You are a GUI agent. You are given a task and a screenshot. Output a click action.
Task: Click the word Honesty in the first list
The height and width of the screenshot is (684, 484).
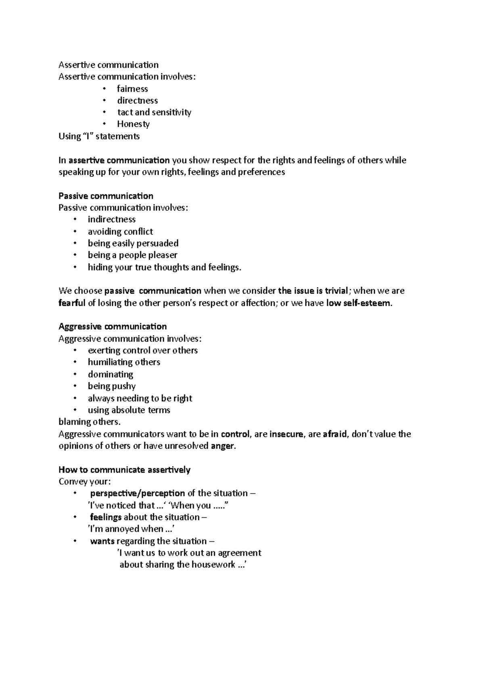click(133, 124)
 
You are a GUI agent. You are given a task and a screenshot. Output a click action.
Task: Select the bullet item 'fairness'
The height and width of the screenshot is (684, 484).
click(132, 89)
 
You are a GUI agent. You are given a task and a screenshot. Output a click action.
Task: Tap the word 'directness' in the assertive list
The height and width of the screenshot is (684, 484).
click(137, 100)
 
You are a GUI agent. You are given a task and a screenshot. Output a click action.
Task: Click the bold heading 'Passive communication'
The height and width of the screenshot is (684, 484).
click(106, 196)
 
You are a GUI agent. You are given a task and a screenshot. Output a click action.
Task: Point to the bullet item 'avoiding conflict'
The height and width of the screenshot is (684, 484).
click(120, 232)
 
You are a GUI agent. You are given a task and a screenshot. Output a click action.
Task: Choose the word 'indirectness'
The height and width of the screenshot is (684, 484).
click(112, 220)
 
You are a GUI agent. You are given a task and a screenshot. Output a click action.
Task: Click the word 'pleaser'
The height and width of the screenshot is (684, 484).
click(163, 255)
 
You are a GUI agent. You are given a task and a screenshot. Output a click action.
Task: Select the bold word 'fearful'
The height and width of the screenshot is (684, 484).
click(72, 303)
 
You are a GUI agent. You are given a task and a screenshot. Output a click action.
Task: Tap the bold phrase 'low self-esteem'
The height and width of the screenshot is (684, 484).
click(359, 303)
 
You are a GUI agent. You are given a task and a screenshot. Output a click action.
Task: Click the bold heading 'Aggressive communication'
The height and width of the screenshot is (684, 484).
click(113, 326)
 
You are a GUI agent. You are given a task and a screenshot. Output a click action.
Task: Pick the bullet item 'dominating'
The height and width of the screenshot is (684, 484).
click(111, 374)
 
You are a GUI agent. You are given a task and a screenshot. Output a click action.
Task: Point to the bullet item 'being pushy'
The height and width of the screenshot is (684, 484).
click(112, 386)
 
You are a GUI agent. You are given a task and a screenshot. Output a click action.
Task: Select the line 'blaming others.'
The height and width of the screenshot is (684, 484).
click(90, 422)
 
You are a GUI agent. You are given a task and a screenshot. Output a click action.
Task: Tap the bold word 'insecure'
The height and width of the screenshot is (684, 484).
click(286, 434)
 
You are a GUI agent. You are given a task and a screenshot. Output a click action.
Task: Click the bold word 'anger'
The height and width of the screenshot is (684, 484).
click(222, 446)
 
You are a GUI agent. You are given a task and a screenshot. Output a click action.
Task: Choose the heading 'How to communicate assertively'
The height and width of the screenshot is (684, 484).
click(124, 470)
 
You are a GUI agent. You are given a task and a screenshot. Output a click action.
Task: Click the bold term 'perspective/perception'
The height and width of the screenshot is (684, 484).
click(138, 493)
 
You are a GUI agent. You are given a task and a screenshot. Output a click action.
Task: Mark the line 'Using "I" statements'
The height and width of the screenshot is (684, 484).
click(99, 136)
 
